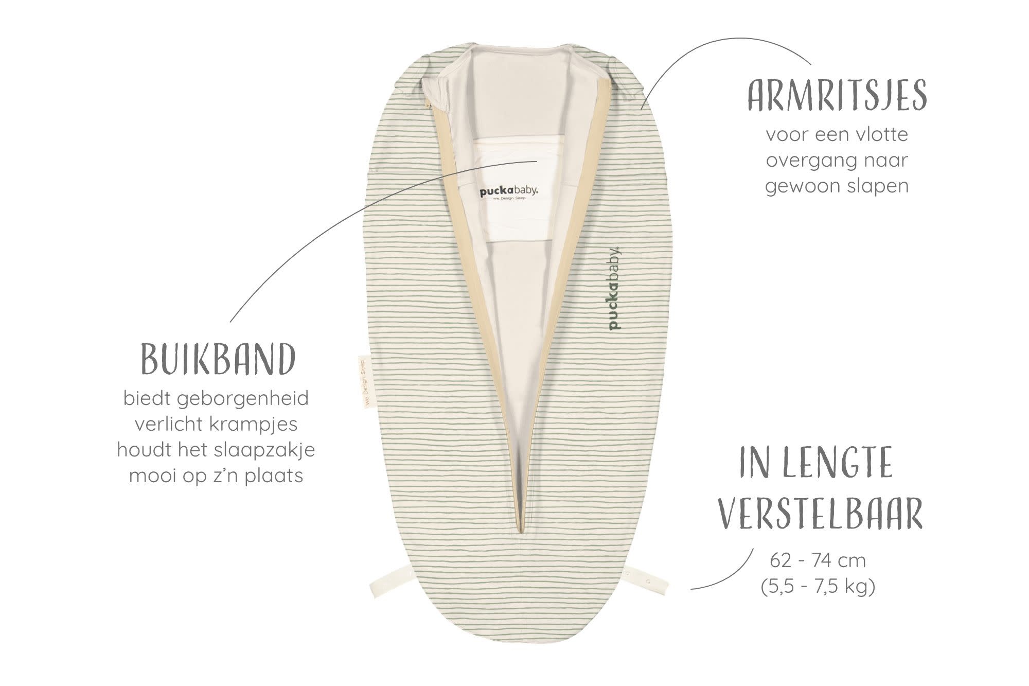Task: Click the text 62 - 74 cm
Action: [818, 560]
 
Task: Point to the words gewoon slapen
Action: [837, 186]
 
